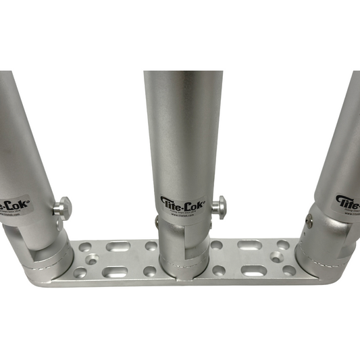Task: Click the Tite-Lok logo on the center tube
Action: pyautogui.click(x=180, y=202)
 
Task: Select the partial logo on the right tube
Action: pyautogui.click(x=347, y=202)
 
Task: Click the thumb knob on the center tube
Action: pyautogui.click(x=218, y=205)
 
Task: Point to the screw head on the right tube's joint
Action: pyautogui.click(x=309, y=220)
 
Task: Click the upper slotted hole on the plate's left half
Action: pyautogui.click(x=118, y=245)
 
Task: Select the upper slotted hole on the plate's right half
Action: pyautogui.click(x=249, y=245)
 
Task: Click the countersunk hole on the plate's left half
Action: pyautogui.click(x=91, y=258)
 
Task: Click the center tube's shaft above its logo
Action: pyautogui.click(x=183, y=128)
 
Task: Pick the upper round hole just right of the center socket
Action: pyautogui.click(x=217, y=245)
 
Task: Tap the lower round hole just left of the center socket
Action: pyautogui.click(x=147, y=272)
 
